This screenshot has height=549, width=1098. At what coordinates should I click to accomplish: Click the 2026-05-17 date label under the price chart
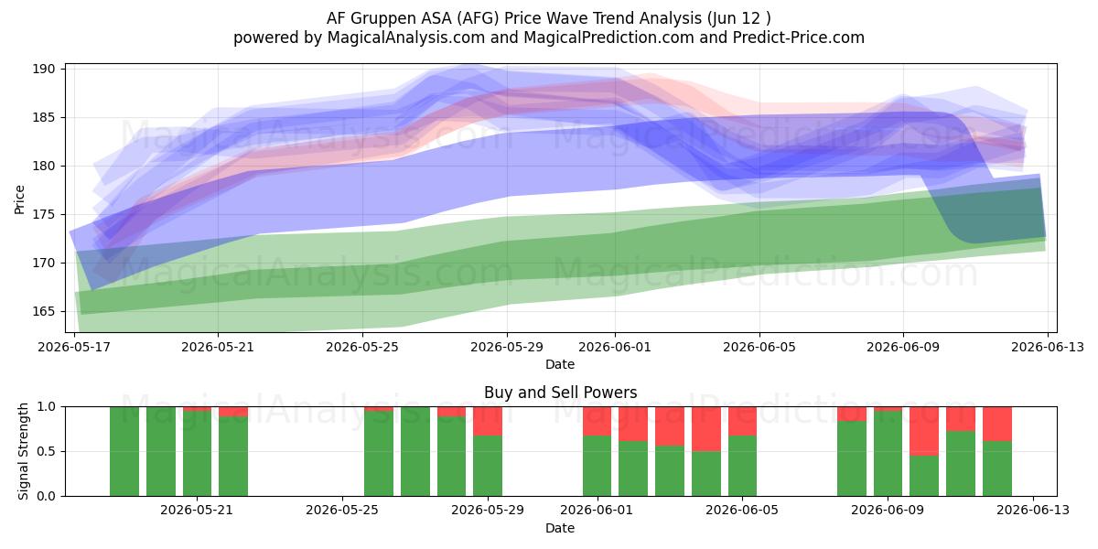(74, 347)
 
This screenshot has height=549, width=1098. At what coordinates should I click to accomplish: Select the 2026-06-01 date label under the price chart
(615, 347)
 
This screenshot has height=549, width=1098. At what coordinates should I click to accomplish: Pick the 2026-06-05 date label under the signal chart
(742, 510)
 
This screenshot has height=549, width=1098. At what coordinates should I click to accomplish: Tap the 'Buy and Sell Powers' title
(560, 393)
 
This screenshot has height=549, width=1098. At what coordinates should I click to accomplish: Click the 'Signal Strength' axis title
(23, 451)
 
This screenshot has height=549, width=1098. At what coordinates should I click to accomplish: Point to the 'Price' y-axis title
(19, 199)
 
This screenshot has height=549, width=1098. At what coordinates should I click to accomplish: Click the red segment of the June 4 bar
(706, 429)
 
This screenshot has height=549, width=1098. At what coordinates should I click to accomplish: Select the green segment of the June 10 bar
(924, 476)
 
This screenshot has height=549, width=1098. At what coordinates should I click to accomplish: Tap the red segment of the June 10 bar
(924, 431)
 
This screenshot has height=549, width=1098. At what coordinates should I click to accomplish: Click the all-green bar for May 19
(161, 451)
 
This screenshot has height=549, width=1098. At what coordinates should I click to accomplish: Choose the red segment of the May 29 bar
(488, 421)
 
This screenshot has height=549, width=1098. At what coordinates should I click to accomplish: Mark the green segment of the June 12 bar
(997, 468)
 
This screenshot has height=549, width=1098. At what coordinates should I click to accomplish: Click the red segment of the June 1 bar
(597, 421)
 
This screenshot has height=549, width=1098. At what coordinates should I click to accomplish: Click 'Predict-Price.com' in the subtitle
(799, 38)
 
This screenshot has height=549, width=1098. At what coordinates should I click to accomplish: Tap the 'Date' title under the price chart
(560, 364)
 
